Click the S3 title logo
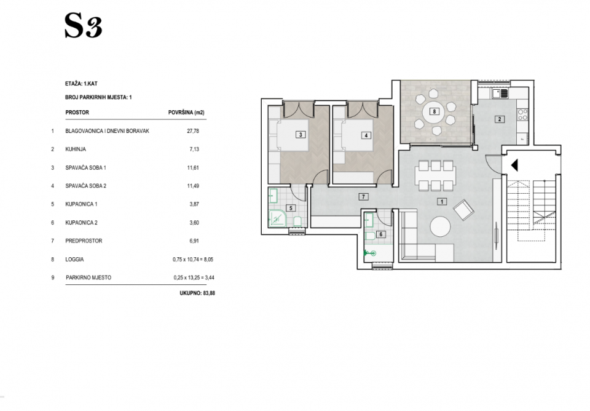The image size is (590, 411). click(x=83, y=26)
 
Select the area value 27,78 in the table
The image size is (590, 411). click(x=193, y=131)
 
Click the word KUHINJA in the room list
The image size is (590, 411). click(x=76, y=149)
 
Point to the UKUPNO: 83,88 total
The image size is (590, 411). click(x=197, y=293)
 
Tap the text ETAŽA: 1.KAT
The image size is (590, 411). click(x=81, y=84)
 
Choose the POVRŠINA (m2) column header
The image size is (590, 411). click(x=186, y=112)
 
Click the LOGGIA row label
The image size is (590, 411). click(x=74, y=260)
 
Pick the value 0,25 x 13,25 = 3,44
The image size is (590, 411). click(x=194, y=277)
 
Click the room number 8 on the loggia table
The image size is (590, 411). click(x=435, y=111)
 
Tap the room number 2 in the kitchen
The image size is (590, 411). click(x=500, y=119)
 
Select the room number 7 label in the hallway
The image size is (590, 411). click(x=363, y=197)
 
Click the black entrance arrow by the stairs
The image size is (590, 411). click(x=514, y=165)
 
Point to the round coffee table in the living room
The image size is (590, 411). click(x=440, y=226)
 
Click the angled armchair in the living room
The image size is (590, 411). click(x=464, y=210)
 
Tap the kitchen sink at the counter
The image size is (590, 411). click(x=500, y=93)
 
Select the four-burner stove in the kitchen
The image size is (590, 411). click(x=523, y=114)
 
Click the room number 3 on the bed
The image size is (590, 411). click(x=301, y=135)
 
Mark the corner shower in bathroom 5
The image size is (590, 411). click(x=277, y=219)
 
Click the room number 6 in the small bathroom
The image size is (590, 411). click(x=381, y=234)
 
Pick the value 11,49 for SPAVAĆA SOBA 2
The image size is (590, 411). click(x=193, y=186)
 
